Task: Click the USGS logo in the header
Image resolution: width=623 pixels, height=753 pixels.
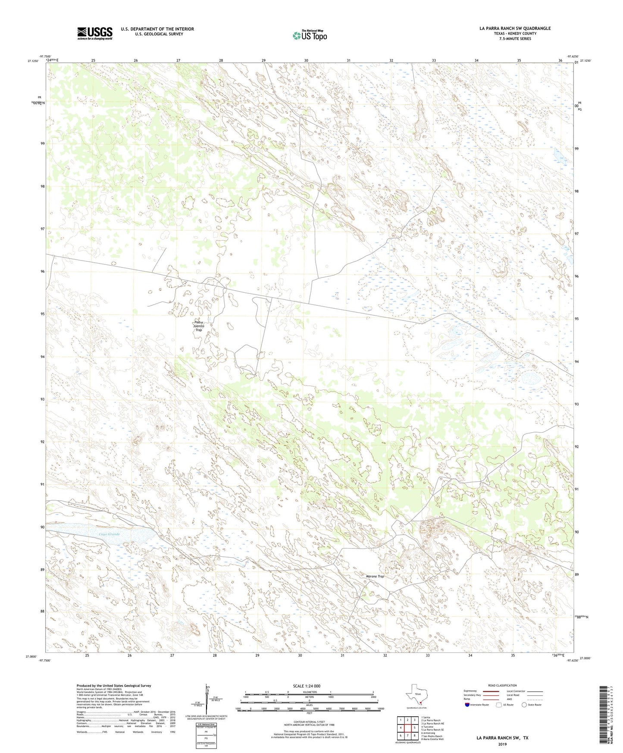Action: coord(94,33)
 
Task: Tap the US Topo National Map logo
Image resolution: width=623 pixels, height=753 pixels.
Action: coord(310,35)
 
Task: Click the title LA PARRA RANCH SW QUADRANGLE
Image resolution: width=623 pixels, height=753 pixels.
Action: coord(515,28)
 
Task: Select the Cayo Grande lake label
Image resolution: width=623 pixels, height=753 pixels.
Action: coord(109,534)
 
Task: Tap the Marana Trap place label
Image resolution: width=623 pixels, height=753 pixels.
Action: coord(374,576)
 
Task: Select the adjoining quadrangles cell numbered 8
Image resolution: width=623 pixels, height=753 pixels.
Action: coord(414,735)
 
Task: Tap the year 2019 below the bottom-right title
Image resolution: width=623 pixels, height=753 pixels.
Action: coord(502,744)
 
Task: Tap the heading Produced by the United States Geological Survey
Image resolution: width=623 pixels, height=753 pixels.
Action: coord(114,685)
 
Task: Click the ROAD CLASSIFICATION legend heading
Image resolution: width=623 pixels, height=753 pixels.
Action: coord(502,685)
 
